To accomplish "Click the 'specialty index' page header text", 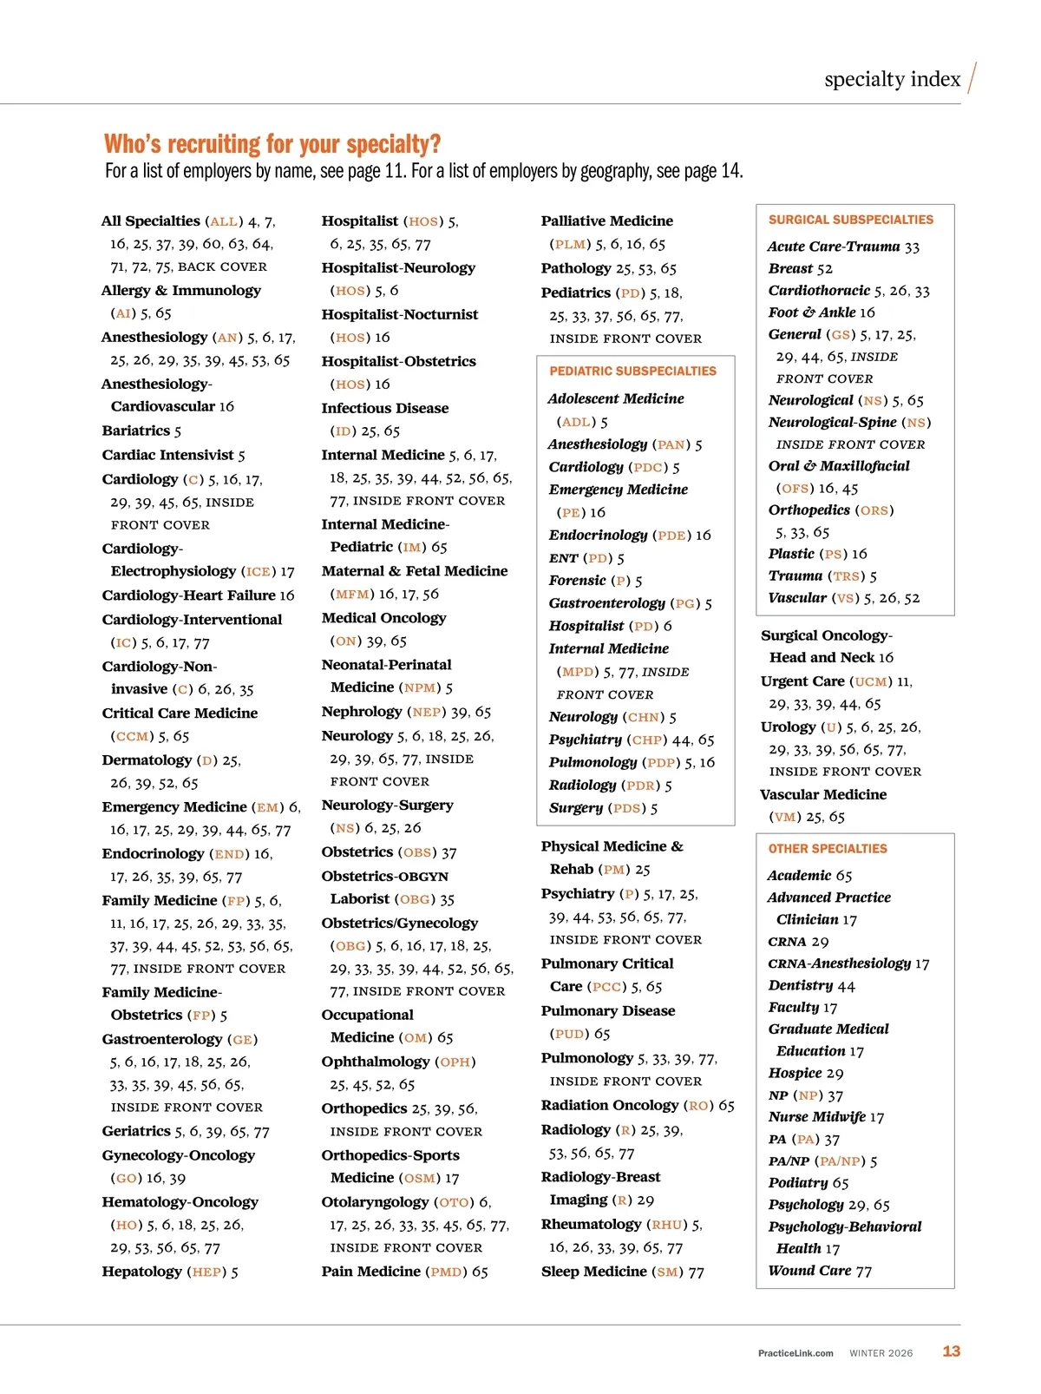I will click(892, 80).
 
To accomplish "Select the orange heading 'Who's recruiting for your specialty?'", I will click(272, 143).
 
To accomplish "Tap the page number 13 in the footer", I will click(952, 1351).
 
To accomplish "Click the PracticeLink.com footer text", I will click(795, 1353).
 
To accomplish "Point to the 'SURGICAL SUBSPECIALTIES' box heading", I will click(850, 220).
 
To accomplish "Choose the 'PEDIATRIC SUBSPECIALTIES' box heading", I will click(632, 372).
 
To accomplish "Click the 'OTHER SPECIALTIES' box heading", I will click(828, 849).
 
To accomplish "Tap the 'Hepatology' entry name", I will click(141, 1272).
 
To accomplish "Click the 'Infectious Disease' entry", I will click(385, 408).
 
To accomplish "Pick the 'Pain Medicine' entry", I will click(370, 1272).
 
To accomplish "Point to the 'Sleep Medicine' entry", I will click(593, 1272).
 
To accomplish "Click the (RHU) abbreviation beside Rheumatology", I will click(666, 1225).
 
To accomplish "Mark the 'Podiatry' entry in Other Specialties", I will click(798, 1183).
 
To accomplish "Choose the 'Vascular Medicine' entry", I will click(822, 794).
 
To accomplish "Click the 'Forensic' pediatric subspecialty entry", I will click(577, 581).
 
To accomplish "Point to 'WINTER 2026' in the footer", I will click(881, 1353).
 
